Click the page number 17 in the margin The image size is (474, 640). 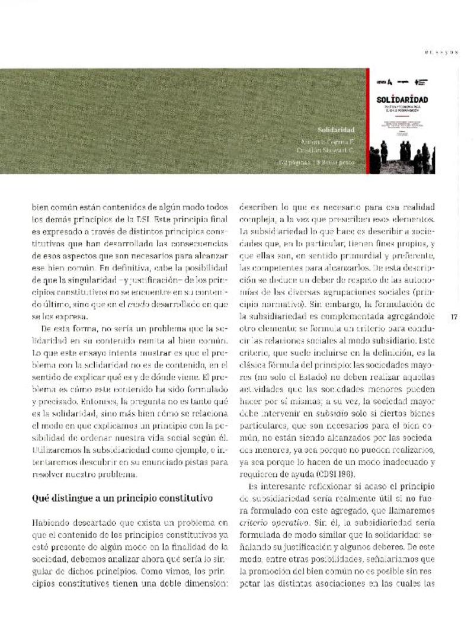[454, 317]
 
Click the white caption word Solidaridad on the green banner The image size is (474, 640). [335, 129]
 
